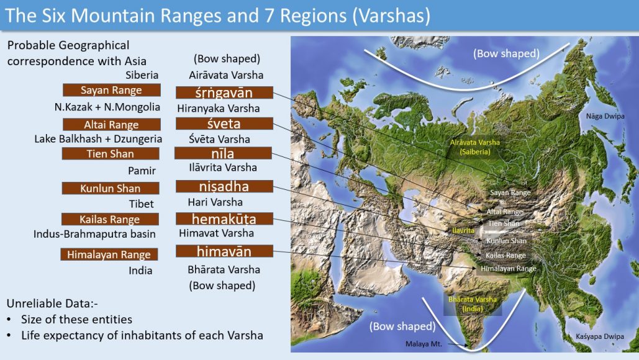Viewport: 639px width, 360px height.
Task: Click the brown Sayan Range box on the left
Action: coord(111,91)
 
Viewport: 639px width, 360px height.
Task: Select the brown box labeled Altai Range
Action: coord(111,125)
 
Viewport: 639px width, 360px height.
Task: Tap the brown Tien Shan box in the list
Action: coord(111,154)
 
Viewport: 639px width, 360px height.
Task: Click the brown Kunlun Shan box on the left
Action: coord(110,189)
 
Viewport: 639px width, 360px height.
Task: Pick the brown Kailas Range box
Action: coord(110,219)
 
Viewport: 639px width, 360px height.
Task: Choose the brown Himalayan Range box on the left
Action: coord(110,254)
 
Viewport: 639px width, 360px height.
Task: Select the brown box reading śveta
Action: coord(224,124)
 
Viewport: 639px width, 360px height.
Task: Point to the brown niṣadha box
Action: coord(224,187)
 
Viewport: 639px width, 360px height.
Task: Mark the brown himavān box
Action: coord(224,251)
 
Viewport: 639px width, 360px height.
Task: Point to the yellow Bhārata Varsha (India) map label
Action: coord(473,304)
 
